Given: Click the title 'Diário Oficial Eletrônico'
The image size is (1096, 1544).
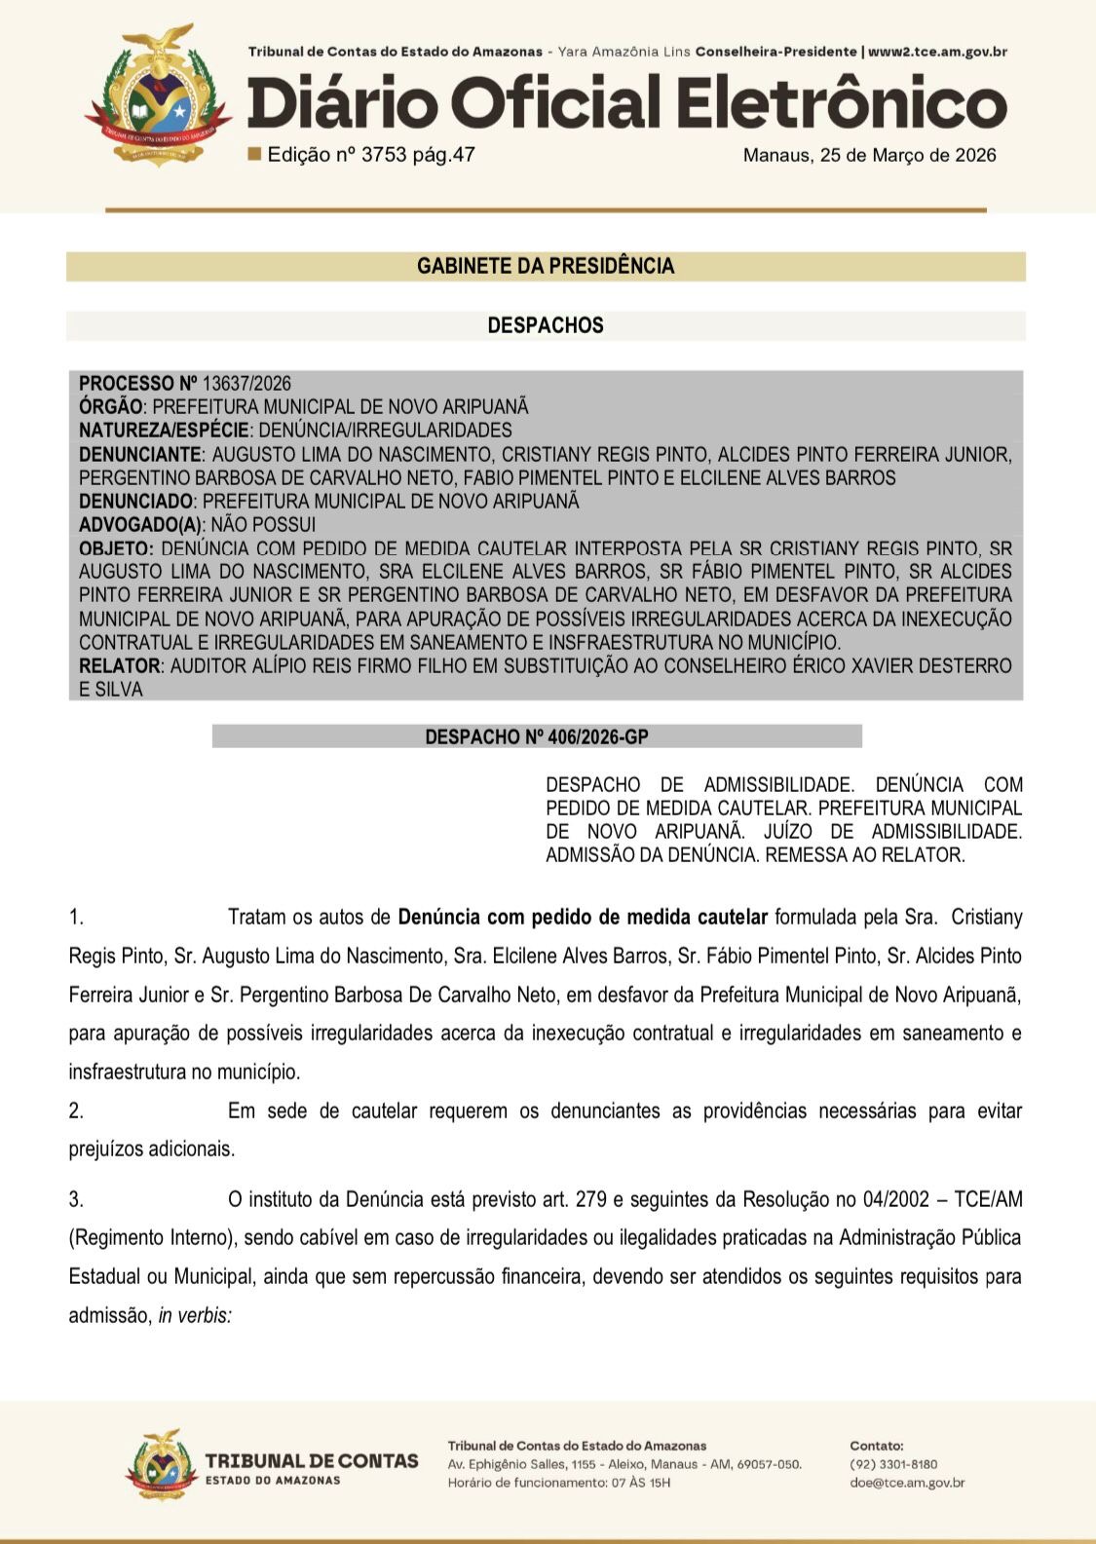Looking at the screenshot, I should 626,104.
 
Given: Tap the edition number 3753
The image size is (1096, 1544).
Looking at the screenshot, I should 383,155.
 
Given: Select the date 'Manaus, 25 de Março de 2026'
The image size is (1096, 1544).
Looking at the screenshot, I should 869,155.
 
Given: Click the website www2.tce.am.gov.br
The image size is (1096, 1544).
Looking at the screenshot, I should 937,52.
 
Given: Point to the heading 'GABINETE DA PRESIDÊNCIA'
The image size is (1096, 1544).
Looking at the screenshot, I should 546,266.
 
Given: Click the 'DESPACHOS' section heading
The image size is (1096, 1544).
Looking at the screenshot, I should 546,325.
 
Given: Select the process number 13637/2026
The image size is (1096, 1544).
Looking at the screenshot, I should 246,384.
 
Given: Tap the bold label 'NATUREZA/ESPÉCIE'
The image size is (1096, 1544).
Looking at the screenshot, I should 164,431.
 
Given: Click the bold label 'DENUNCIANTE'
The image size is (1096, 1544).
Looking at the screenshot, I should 140,454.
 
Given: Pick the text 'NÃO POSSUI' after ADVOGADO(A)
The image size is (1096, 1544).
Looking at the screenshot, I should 263,525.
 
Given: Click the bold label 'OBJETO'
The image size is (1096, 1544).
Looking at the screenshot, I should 115,548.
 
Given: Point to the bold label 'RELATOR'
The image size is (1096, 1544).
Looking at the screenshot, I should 120,666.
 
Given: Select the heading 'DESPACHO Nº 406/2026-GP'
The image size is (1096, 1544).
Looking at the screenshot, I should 537,737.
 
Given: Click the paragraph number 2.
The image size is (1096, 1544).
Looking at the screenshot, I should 76,1111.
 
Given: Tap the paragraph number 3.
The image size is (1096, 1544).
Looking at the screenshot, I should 76,1199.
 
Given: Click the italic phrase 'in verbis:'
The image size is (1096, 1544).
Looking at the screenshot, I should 195,1315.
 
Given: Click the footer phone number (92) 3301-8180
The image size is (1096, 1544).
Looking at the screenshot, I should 893,1464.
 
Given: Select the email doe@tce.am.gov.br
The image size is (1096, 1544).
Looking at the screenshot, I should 907,1483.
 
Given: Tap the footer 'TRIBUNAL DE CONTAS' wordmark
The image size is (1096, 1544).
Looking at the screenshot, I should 312,1461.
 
